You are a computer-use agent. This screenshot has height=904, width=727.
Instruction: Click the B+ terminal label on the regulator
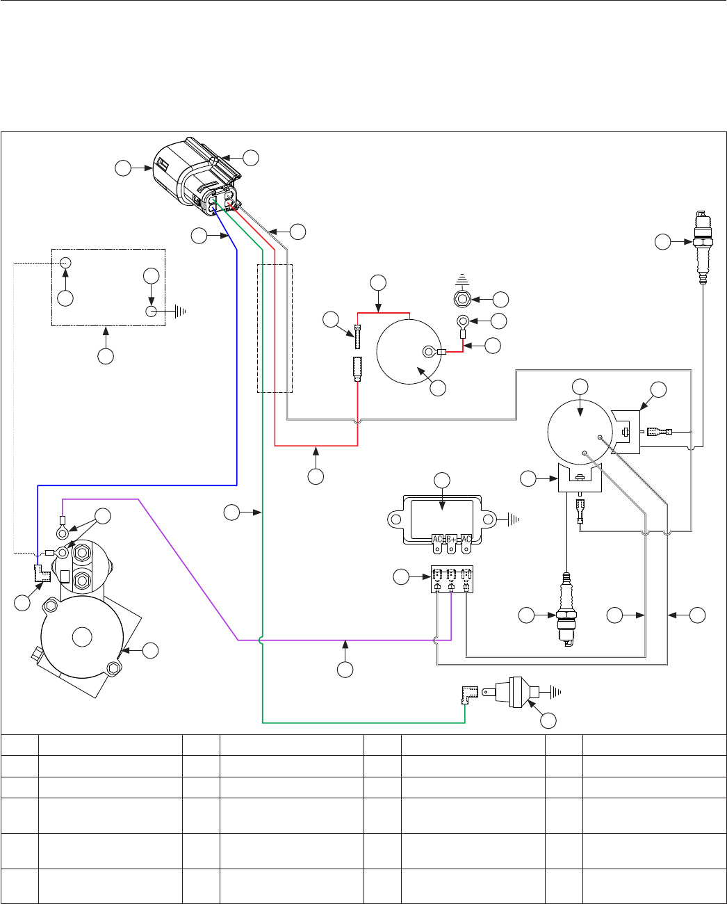pos(451,539)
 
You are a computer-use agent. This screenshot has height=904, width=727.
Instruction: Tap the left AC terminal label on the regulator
pos(437,539)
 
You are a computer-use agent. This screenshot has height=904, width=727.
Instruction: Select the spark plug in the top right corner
pos(703,247)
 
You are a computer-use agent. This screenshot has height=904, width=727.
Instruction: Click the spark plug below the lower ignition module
pos(566,610)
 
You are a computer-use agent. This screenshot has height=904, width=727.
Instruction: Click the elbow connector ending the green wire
pos(469,695)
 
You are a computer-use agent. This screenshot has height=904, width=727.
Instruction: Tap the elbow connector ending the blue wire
pos(42,574)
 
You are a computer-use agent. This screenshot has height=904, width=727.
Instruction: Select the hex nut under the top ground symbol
pos(462,300)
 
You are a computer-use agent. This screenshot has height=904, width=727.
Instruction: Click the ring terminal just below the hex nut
pos(463,321)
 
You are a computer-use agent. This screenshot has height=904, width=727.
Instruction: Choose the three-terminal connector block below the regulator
pos(452,579)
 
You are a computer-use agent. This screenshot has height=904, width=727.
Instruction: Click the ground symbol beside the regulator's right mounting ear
pos(514,519)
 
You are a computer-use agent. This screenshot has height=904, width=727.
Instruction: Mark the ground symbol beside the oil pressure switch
pos(555,692)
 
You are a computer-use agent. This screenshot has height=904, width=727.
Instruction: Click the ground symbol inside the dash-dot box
pos(180,312)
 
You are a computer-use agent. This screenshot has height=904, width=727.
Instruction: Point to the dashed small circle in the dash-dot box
pos(65,263)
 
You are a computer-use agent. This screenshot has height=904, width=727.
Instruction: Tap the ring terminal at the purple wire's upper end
pos(62,533)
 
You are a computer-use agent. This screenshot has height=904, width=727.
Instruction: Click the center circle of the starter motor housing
pos(82,637)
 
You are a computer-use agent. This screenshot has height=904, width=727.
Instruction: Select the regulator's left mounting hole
pos(395,519)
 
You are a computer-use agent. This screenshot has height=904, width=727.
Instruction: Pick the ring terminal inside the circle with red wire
pos(429,352)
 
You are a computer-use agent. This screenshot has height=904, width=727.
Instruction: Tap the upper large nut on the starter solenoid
pos(82,553)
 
